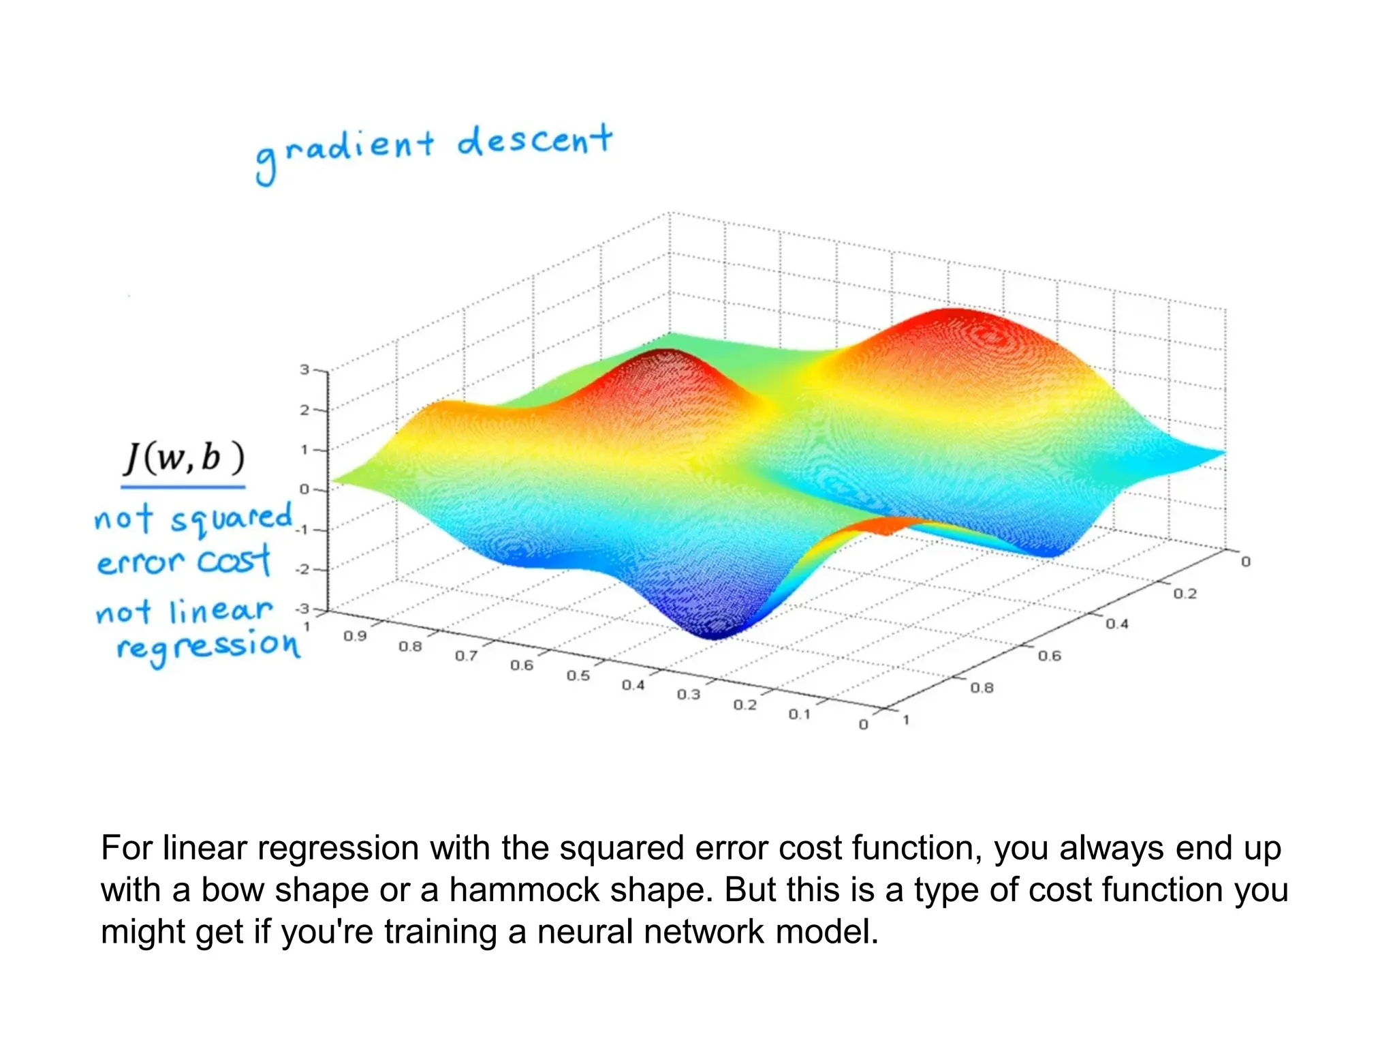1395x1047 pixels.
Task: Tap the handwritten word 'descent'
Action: tap(535, 141)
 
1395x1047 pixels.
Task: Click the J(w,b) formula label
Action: tap(183, 457)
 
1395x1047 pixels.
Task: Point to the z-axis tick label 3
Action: tap(304, 369)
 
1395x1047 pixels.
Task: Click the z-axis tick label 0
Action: tap(304, 489)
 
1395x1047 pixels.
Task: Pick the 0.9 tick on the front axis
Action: tap(355, 636)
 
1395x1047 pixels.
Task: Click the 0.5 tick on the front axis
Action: tap(578, 676)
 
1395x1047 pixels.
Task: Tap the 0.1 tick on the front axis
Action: tap(799, 714)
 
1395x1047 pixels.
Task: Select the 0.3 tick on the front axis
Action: tap(689, 695)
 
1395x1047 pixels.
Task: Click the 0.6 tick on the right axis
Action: tap(1050, 656)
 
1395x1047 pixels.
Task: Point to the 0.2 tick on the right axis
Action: tap(1185, 594)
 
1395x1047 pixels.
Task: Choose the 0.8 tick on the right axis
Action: tap(982, 688)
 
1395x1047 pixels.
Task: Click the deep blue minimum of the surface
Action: tap(713, 631)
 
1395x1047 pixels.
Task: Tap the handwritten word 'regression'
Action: tap(208, 646)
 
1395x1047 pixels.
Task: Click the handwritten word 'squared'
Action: tap(232, 519)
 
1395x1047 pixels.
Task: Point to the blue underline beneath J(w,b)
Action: tap(183, 487)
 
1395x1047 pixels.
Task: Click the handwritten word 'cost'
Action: tap(234, 561)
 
